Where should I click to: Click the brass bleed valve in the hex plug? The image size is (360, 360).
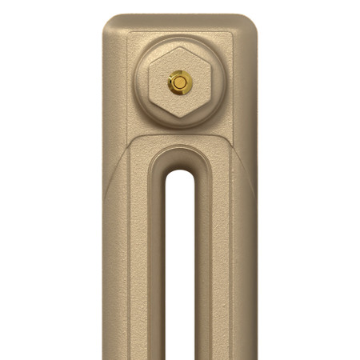click(180, 82)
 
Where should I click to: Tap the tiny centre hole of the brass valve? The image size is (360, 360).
click(180, 82)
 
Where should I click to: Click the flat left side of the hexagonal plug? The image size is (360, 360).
click(151, 82)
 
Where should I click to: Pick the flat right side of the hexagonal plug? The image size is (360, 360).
click(209, 82)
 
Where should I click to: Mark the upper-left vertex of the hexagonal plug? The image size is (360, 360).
click(151, 65)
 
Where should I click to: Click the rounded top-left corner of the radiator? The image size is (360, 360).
click(112, 22)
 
